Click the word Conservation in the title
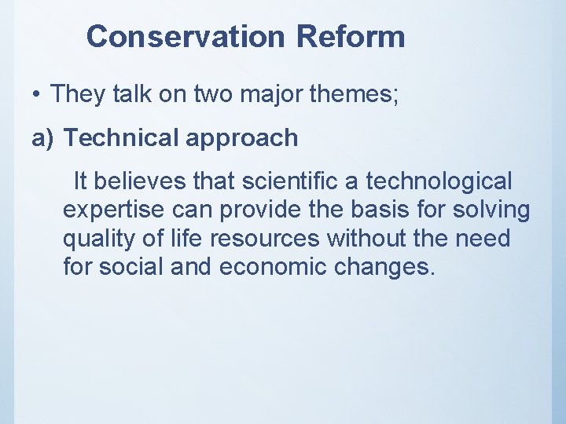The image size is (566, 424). (187, 36)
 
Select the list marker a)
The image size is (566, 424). (43, 138)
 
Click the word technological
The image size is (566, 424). (439, 182)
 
